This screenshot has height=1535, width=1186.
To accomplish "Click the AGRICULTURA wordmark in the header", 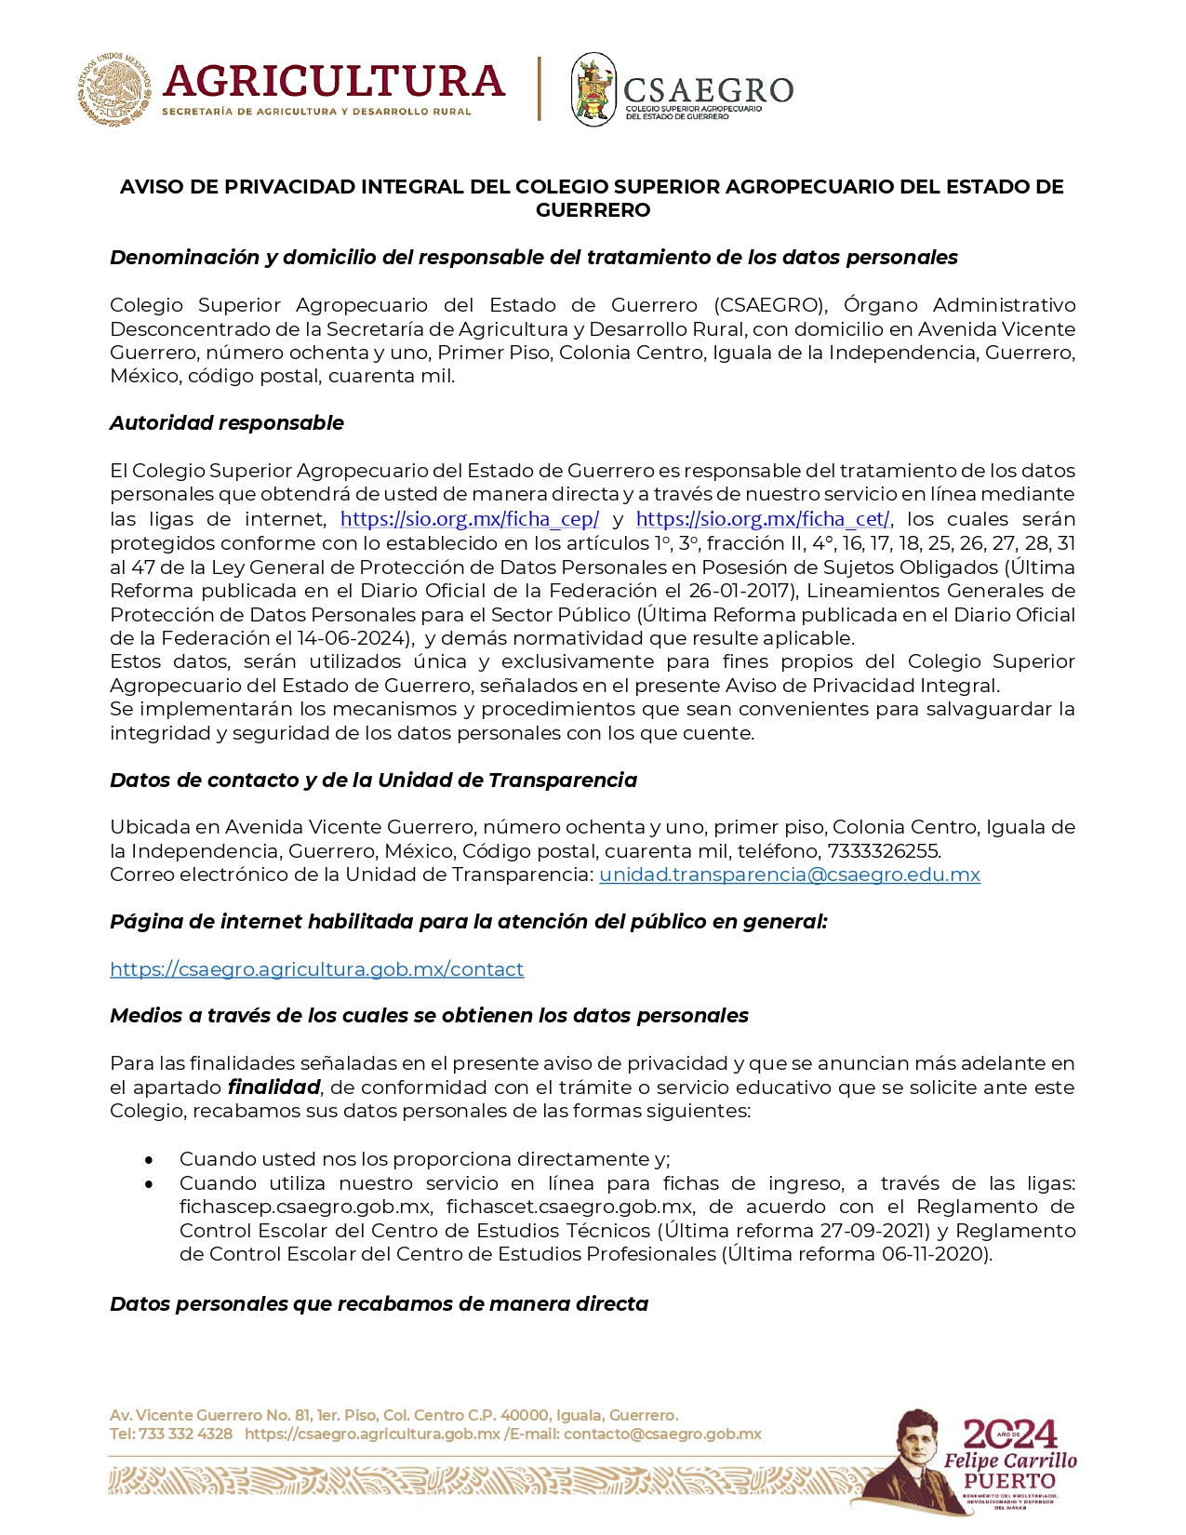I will click(333, 82).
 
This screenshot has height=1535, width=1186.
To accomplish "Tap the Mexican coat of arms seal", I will click(113, 89).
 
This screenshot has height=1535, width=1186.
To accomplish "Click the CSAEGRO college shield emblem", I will click(593, 89).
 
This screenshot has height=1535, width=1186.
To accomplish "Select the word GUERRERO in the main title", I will click(593, 210).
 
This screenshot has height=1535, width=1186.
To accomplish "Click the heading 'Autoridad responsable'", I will click(227, 423).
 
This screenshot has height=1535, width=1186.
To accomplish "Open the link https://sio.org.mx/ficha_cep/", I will click(470, 519).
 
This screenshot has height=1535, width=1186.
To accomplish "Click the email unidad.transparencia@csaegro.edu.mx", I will click(790, 874).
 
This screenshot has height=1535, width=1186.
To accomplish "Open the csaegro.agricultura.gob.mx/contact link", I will click(317, 969).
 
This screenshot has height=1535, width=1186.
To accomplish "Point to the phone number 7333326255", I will click(884, 851).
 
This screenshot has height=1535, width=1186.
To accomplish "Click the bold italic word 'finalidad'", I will click(274, 1088).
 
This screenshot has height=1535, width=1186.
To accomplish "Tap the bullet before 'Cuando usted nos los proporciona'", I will click(149, 1160).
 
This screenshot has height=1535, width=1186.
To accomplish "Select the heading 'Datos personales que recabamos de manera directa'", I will click(379, 1304).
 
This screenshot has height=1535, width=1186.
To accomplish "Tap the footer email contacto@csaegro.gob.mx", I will click(662, 1434).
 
